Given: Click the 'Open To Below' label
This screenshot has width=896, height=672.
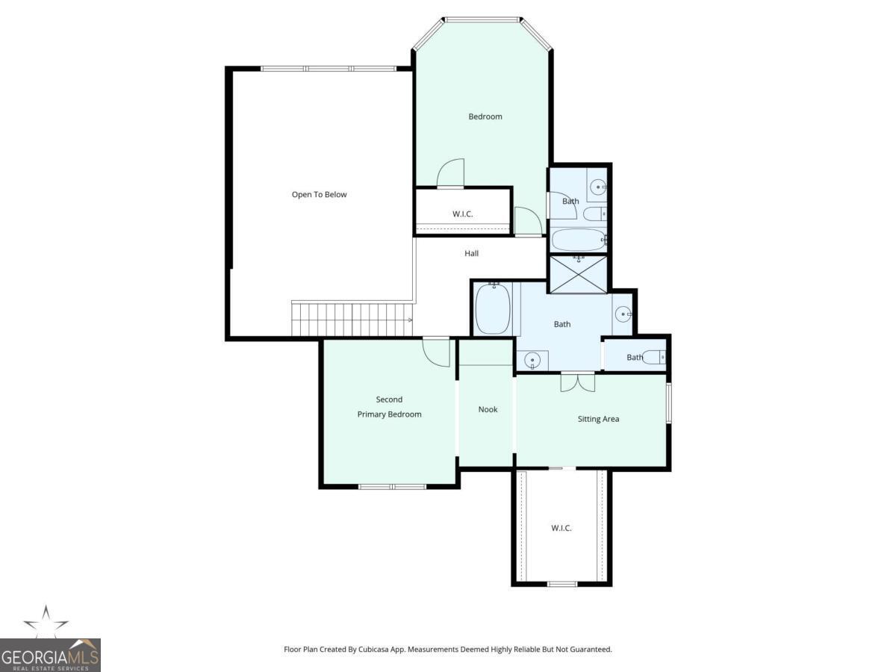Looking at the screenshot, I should (x=319, y=195).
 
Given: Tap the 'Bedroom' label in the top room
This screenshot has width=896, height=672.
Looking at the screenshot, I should (x=485, y=116).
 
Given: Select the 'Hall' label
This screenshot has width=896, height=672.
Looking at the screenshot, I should (x=471, y=254).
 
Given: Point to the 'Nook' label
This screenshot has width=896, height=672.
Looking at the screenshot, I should (x=488, y=409).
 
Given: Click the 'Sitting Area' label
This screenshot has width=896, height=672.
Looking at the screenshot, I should (x=598, y=419).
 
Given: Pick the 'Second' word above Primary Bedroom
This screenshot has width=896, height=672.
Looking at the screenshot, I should (x=389, y=399).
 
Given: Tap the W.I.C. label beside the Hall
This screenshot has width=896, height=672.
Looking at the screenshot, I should (x=463, y=214).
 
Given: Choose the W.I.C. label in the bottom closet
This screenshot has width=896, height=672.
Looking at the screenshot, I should (x=561, y=529).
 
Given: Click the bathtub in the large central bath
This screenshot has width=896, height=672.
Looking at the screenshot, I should (x=493, y=308).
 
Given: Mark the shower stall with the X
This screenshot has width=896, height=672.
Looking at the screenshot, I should (x=579, y=273).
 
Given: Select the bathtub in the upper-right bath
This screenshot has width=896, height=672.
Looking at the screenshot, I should (x=578, y=240).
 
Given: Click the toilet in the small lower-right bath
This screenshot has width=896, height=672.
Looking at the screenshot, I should (x=654, y=358).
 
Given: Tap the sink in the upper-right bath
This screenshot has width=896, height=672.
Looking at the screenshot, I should (x=598, y=187).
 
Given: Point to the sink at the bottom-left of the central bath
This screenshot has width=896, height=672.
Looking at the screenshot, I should (x=532, y=361).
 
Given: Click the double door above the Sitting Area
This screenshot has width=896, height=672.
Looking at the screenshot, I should (x=578, y=381).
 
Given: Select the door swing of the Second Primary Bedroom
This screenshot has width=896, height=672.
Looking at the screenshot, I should (x=437, y=352).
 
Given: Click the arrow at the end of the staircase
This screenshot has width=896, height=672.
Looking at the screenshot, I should (x=409, y=320).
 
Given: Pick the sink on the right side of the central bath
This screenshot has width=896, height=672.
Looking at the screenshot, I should (x=623, y=314).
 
